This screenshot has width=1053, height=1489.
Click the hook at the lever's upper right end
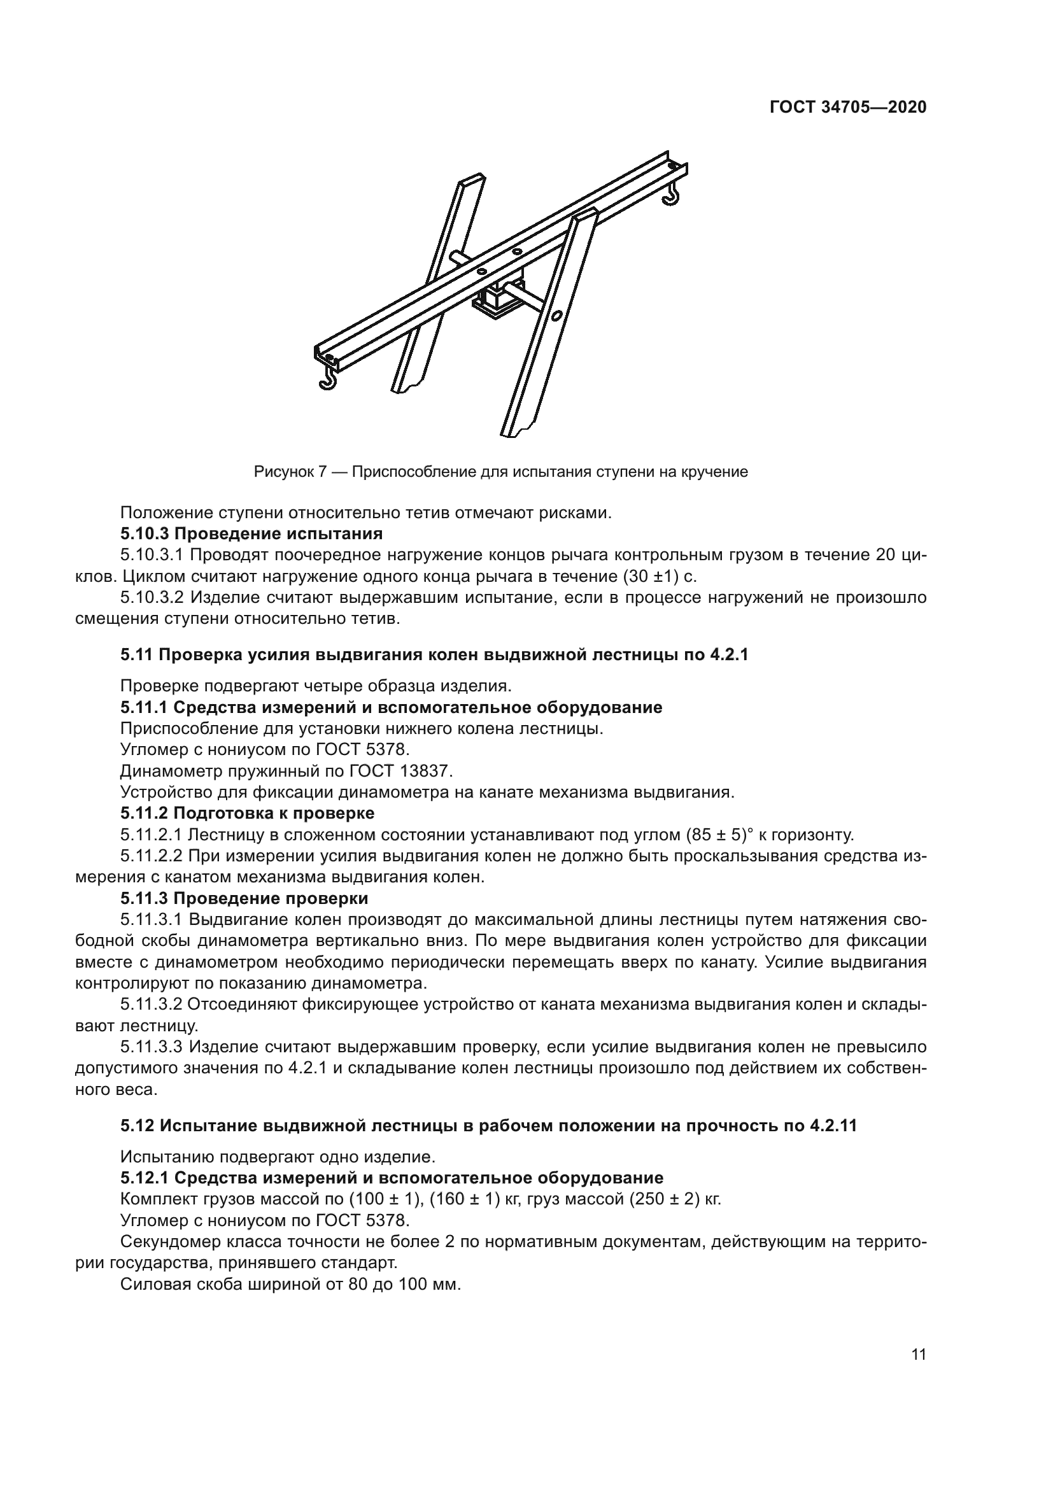coord(672,195)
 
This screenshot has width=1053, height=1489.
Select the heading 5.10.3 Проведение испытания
coord(251,533)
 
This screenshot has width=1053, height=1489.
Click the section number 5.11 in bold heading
coord(136,654)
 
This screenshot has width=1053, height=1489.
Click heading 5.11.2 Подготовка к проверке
coord(248,813)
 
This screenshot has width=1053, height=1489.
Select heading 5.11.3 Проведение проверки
coord(244,898)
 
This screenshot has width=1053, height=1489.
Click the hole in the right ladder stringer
coord(556,316)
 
